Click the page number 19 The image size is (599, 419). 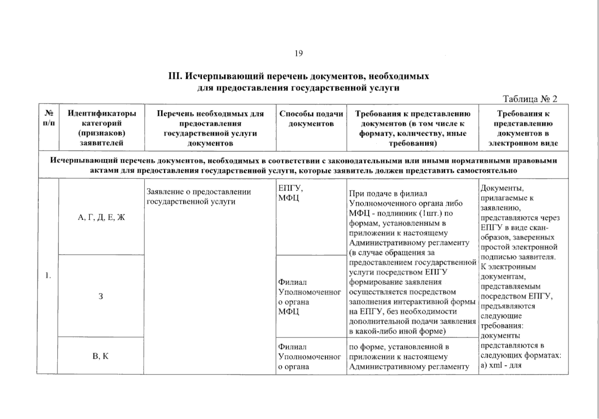[x=298, y=53]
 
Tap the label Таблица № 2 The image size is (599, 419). [x=530, y=99]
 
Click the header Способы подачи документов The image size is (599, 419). [x=311, y=119]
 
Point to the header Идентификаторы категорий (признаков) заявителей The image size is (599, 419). [x=102, y=128]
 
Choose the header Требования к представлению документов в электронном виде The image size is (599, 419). [x=523, y=128]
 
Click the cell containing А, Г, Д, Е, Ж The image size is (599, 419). [x=101, y=218]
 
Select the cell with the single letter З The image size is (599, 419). [x=101, y=296]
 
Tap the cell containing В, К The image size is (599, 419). [x=101, y=356]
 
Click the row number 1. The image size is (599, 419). [x=48, y=276]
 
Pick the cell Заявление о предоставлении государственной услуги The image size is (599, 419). [x=199, y=197]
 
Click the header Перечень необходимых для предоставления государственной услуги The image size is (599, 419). [x=210, y=128]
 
